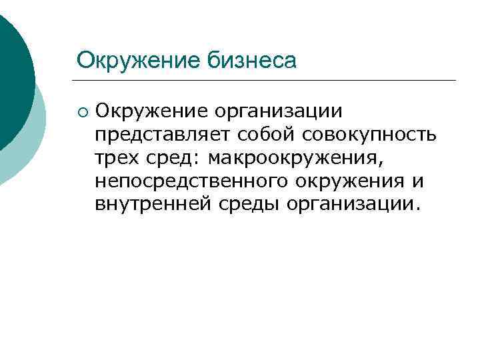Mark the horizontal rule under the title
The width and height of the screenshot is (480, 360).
point(267,81)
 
